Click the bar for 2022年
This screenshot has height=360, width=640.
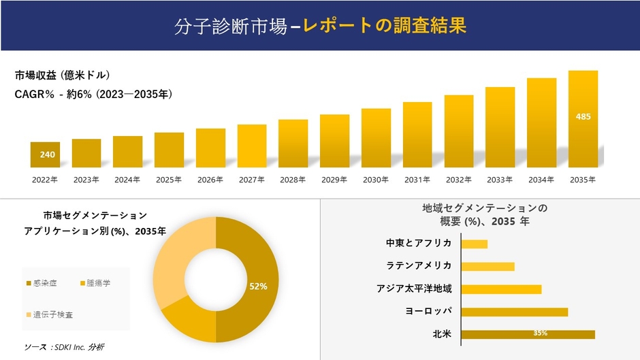(x=45, y=155)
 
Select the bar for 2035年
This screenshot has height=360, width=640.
(x=583, y=119)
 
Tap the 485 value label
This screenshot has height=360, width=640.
(x=583, y=117)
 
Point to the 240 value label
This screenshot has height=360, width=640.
(x=47, y=155)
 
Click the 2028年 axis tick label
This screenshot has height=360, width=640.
(x=293, y=180)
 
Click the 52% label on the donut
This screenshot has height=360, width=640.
(x=258, y=287)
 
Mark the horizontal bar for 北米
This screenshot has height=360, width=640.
(x=528, y=334)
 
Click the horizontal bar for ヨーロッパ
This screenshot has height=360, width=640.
(x=514, y=312)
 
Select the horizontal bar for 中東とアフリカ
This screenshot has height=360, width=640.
(x=474, y=244)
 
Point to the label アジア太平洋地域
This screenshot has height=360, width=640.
(x=414, y=289)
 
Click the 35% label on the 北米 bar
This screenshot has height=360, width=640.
(x=541, y=333)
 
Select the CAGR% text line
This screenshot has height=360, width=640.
(x=93, y=95)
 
